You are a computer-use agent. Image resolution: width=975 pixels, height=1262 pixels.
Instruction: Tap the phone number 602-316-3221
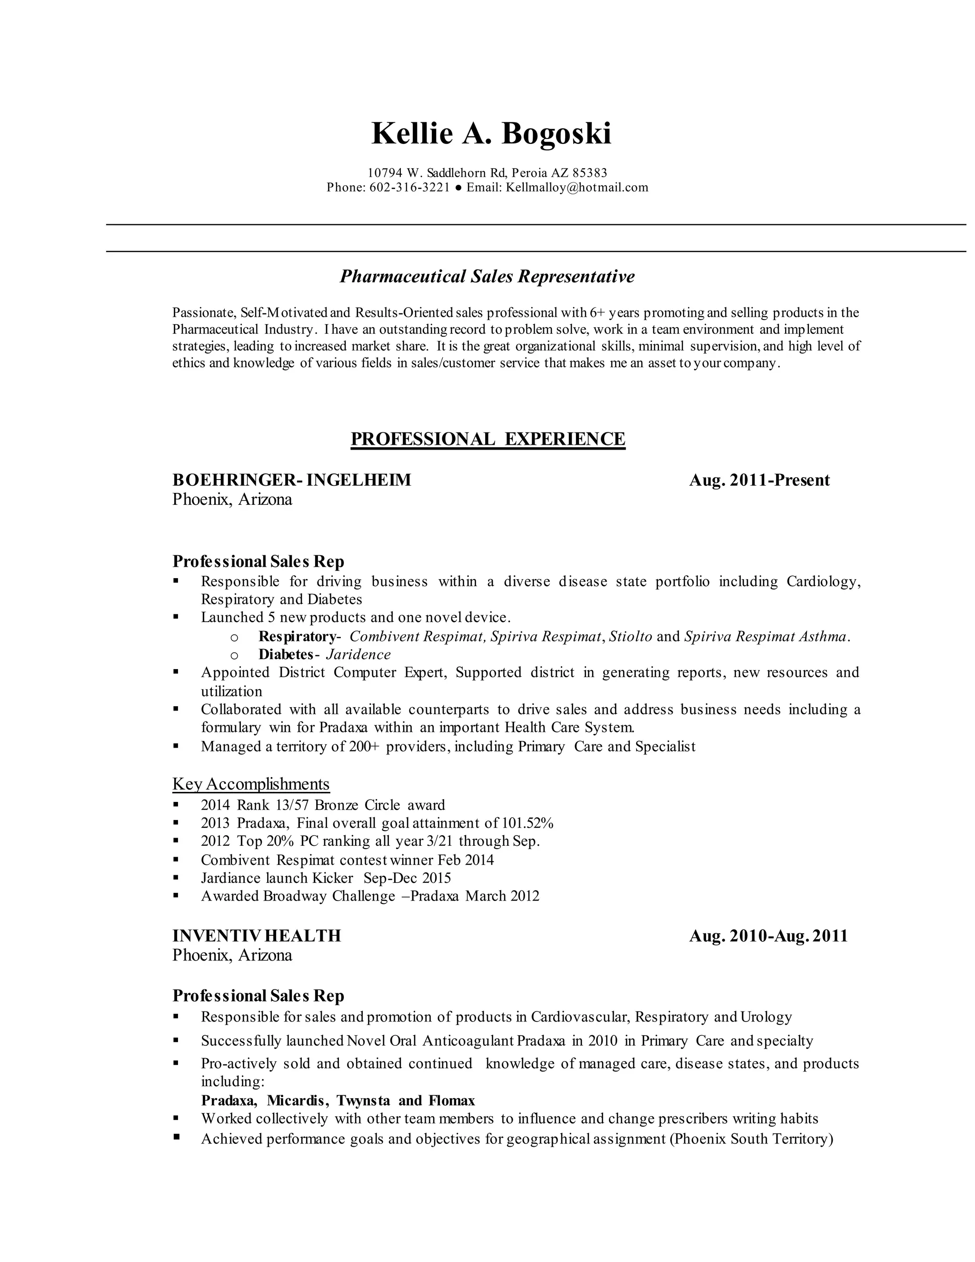click(409, 187)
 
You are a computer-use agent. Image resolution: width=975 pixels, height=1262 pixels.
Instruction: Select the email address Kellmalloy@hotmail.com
click(577, 187)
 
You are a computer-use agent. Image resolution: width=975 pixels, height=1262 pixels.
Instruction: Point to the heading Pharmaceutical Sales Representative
click(487, 276)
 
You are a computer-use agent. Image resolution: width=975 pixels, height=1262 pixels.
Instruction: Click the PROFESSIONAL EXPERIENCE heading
click(487, 439)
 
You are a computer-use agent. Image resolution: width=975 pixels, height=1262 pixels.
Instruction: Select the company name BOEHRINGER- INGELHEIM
click(292, 480)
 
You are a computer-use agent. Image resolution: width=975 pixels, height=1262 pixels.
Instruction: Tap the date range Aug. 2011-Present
click(759, 480)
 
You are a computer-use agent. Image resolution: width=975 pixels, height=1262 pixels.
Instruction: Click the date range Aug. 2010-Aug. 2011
click(768, 935)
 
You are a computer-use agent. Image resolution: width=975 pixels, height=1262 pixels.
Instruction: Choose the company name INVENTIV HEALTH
click(257, 935)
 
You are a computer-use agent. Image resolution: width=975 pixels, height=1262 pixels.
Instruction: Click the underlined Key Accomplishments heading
click(251, 784)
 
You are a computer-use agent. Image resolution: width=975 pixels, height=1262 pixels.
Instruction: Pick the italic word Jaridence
click(358, 654)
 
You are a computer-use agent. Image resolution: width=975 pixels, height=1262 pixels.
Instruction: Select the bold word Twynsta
click(363, 1101)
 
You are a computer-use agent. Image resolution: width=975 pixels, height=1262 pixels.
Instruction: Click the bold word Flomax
click(451, 1101)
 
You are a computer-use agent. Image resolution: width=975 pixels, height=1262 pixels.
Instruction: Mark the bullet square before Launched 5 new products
click(176, 617)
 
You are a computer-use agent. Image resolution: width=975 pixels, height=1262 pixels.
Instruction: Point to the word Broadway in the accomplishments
click(295, 896)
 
